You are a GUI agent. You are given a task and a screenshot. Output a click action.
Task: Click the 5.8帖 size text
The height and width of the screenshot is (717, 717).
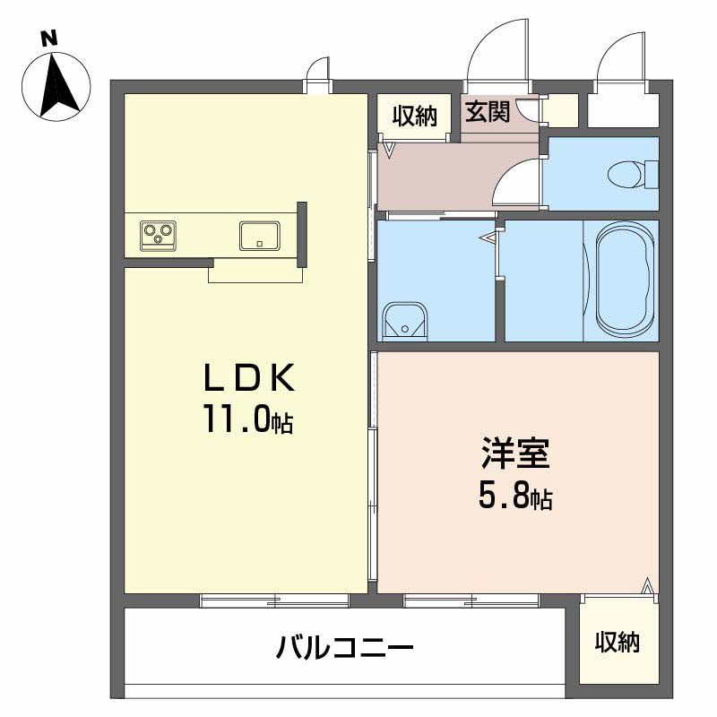[x=514, y=496]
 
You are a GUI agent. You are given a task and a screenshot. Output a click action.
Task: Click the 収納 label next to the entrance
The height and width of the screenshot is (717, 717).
[x=413, y=115]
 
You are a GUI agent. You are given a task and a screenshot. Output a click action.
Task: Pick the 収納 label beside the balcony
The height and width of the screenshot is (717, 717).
[x=618, y=642]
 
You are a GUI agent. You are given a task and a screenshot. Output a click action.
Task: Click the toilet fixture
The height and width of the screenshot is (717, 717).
[x=633, y=171]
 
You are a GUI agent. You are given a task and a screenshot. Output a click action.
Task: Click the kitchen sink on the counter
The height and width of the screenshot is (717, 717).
[x=259, y=235]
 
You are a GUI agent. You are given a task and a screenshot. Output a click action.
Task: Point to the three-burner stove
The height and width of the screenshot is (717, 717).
[x=157, y=235]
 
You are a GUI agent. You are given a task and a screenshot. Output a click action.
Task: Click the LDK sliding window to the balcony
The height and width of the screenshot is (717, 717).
[x=273, y=600]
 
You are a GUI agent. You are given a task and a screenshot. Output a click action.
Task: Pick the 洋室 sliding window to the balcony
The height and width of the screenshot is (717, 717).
[x=471, y=600]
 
